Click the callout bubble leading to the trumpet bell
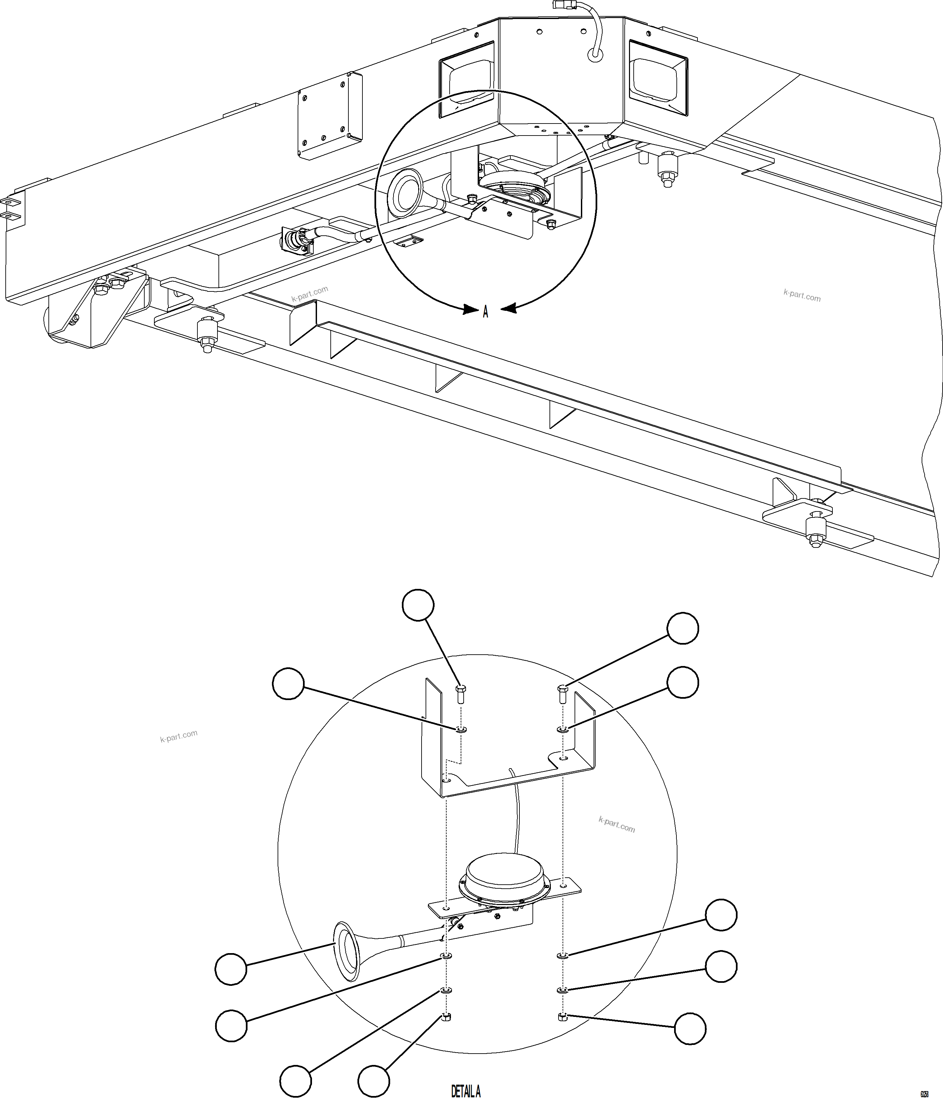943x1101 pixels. pos(231,969)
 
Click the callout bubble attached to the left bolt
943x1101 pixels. pos(418,605)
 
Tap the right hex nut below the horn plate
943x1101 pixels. pos(563,1017)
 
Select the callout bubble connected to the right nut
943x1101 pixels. pos(690,1029)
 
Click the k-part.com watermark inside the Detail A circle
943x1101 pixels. pos(617,825)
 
